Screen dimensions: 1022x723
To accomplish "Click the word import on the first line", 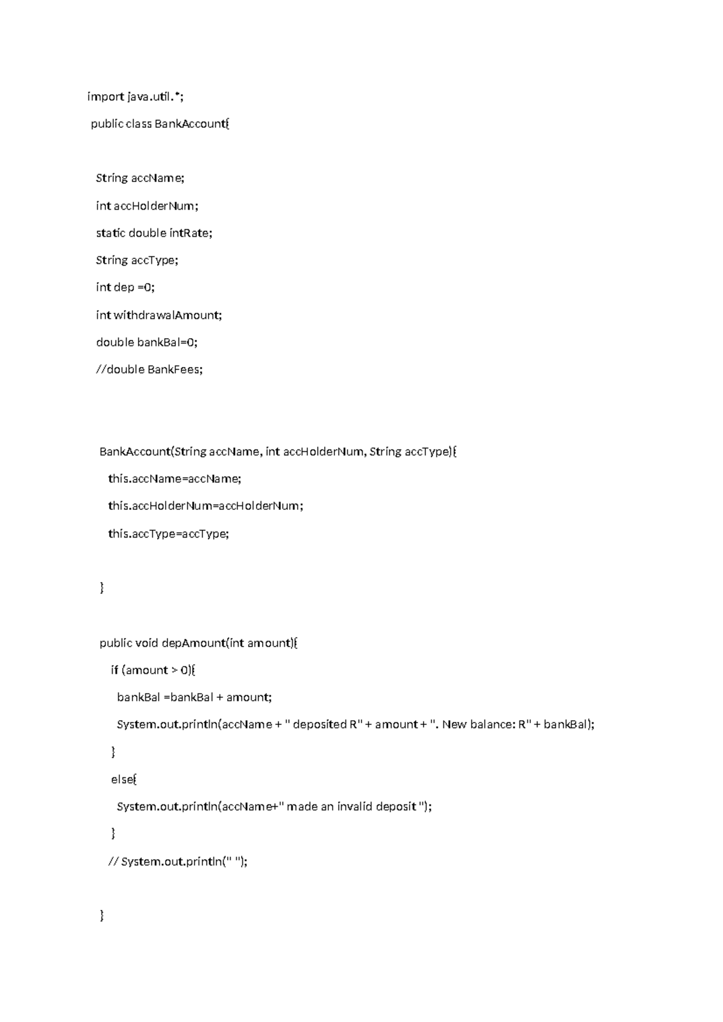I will (x=105, y=96).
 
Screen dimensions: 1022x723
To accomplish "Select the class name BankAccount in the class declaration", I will (x=191, y=124).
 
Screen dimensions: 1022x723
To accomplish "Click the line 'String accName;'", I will (x=140, y=178).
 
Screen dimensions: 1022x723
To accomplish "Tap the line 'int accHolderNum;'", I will (x=147, y=206).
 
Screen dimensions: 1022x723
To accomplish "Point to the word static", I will (x=110, y=233).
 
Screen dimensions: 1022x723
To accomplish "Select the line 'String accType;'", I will (x=137, y=260).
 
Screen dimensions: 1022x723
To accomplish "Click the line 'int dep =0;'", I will (x=125, y=287).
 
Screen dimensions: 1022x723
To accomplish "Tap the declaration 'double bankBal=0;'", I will (x=146, y=342).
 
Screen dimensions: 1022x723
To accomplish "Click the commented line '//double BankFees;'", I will (x=149, y=369).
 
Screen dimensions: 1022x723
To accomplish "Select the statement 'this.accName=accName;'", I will (x=174, y=479).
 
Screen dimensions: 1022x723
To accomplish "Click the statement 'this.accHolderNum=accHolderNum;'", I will (x=205, y=506).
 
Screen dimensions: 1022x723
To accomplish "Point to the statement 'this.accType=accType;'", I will (x=169, y=534).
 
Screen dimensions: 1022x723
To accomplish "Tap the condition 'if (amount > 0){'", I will (x=153, y=670).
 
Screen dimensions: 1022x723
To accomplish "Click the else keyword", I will (x=122, y=780).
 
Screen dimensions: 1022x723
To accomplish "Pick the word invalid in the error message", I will (x=354, y=807).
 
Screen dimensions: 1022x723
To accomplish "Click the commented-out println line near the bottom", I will (x=178, y=862).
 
